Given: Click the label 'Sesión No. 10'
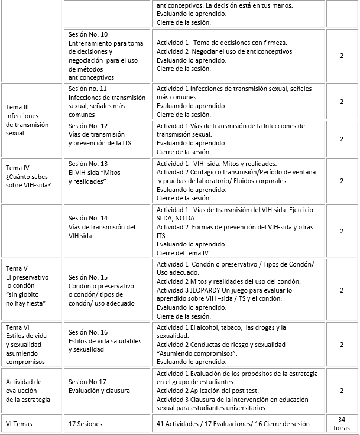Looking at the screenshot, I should (x=88, y=34).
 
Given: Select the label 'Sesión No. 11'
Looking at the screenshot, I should (x=88, y=89).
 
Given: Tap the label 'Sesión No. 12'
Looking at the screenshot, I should (x=88, y=126).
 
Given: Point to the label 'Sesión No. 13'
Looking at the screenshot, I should (x=88, y=164).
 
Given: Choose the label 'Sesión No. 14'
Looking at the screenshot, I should (x=88, y=218).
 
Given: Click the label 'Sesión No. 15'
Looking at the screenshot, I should (x=88, y=277).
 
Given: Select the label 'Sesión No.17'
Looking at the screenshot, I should (x=87, y=381).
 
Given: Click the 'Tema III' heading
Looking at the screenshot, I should (x=19, y=107).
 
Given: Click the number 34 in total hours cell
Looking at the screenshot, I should (x=342, y=419).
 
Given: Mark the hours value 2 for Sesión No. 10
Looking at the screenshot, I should (x=342, y=56).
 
